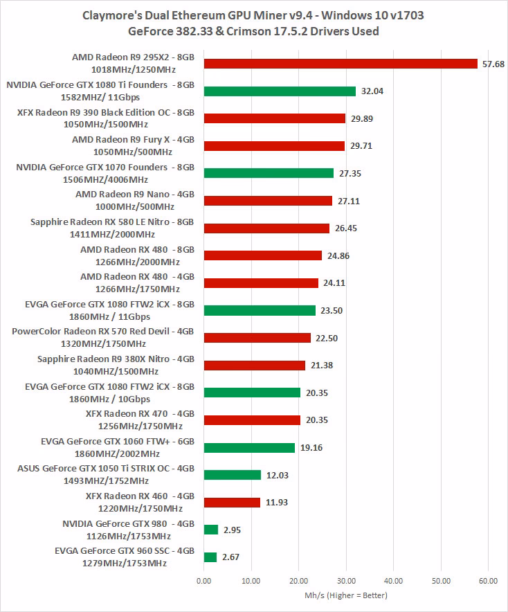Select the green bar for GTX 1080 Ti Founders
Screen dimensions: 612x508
(x=280, y=91)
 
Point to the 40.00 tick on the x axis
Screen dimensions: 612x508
(x=393, y=581)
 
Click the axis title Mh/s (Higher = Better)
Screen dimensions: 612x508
(x=345, y=595)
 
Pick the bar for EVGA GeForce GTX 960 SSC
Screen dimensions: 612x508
(x=210, y=557)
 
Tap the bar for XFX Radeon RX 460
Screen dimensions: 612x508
(x=232, y=502)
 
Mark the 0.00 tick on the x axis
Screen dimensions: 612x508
(x=204, y=581)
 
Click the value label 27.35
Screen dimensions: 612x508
(x=349, y=173)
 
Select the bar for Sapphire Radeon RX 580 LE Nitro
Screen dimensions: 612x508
(x=266, y=228)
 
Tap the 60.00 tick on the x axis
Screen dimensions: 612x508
(x=488, y=581)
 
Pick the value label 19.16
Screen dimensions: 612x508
(x=310, y=447)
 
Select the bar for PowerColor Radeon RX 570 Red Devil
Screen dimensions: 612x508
(x=257, y=338)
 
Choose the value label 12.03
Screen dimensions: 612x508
(x=276, y=475)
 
